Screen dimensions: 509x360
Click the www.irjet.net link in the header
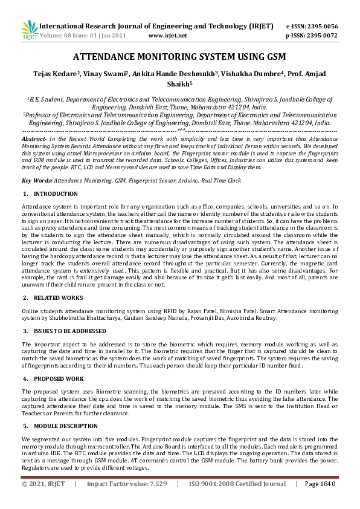pyautogui.click(x=167, y=36)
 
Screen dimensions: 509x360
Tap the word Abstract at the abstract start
pyautogui.click(x=35, y=139)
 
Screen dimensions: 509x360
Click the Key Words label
pyautogui.click(x=36, y=181)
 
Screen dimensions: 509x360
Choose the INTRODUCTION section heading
pyautogui.click(x=56, y=194)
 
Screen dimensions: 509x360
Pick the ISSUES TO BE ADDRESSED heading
pyautogui.click(x=70, y=331)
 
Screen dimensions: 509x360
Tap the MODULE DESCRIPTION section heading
pyautogui.click(x=66, y=426)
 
